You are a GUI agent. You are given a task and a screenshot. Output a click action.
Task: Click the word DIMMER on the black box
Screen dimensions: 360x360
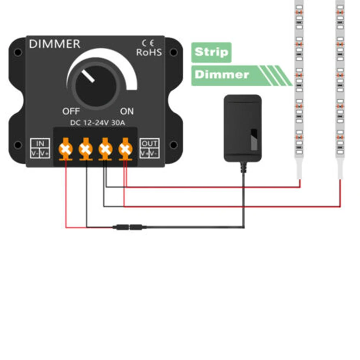click(55, 44)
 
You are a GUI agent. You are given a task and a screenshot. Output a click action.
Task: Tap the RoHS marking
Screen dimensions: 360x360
click(149, 53)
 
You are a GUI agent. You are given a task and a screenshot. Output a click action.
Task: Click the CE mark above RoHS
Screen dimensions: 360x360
click(148, 43)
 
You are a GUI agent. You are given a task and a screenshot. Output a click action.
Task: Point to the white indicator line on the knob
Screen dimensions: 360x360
click(88, 76)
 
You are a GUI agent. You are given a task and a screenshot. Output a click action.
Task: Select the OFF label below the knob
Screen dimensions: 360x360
click(71, 111)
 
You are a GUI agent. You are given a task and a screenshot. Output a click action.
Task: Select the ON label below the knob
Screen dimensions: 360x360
click(127, 111)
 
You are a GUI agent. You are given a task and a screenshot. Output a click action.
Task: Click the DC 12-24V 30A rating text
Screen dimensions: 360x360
click(97, 123)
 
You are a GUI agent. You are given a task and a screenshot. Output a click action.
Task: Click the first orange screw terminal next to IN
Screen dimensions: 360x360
click(66, 149)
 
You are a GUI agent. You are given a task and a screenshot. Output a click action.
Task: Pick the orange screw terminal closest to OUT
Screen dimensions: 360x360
click(126, 149)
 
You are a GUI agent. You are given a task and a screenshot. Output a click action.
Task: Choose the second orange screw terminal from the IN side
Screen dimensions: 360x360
click(86, 149)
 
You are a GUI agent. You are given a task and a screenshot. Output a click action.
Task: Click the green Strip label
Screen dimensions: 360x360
click(211, 53)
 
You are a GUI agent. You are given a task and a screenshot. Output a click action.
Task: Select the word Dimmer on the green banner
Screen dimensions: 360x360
click(222, 74)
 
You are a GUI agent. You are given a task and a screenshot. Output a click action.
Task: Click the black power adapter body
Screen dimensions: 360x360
click(243, 128)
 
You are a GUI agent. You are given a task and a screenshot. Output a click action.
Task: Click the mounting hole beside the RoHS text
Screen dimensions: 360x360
click(174, 53)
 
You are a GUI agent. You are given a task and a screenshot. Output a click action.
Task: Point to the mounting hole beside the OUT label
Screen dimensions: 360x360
click(174, 145)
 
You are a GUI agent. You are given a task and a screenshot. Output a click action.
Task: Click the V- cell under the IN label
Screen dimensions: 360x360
click(35, 153)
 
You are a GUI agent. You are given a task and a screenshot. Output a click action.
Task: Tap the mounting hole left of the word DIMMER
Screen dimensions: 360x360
click(18, 53)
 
